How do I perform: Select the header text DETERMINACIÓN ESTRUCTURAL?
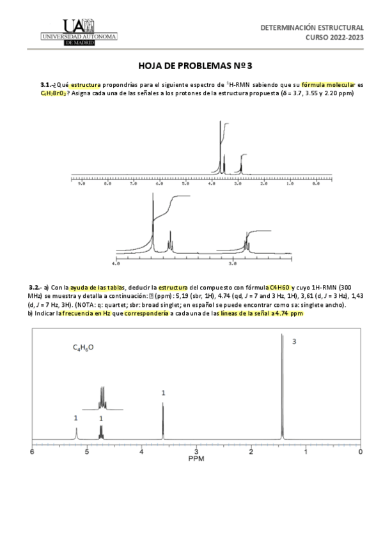click(313, 29)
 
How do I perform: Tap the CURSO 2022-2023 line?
click(335, 38)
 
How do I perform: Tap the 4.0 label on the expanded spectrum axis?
click(115, 263)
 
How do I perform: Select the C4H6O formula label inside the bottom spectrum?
click(84, 348)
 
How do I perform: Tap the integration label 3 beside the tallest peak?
click(294, 342)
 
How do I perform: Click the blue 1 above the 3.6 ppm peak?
click(163, 394)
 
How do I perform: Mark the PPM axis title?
click(196, 459)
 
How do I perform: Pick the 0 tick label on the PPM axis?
click(361, 452)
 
